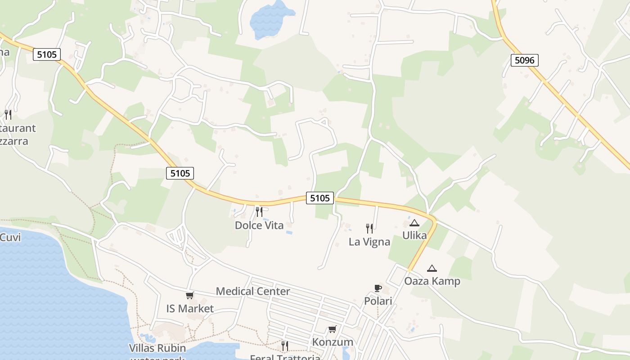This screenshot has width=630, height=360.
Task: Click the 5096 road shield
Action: click(525, 60)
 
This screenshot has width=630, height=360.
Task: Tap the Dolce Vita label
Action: click(259, 225)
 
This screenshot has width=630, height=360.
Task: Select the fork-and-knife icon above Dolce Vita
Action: click(259, 211)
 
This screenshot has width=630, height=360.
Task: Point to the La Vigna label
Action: click(369, 242)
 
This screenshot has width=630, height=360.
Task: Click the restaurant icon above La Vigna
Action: click(369, 228)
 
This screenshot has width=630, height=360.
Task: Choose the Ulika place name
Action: click(414, 235)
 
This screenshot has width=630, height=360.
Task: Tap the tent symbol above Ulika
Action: click(414, 223)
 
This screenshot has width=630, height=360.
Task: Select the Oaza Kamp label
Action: click(432, 281)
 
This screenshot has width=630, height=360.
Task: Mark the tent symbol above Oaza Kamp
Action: click(432, 269)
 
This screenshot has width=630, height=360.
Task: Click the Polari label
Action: click(378, 301)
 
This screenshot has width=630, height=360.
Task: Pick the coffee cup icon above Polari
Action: click(378, 288)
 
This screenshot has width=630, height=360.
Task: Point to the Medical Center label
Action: click(253, 291)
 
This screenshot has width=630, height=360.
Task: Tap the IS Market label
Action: click(190, 309)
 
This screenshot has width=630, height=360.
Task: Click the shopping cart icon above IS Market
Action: click(190, 296)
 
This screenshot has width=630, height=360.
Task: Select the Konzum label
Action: click(333, 342)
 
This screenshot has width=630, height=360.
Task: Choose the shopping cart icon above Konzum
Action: click(333, 329)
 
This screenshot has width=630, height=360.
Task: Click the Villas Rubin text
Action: click(157, 348)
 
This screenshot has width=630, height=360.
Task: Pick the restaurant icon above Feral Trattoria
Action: click(285, 346)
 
